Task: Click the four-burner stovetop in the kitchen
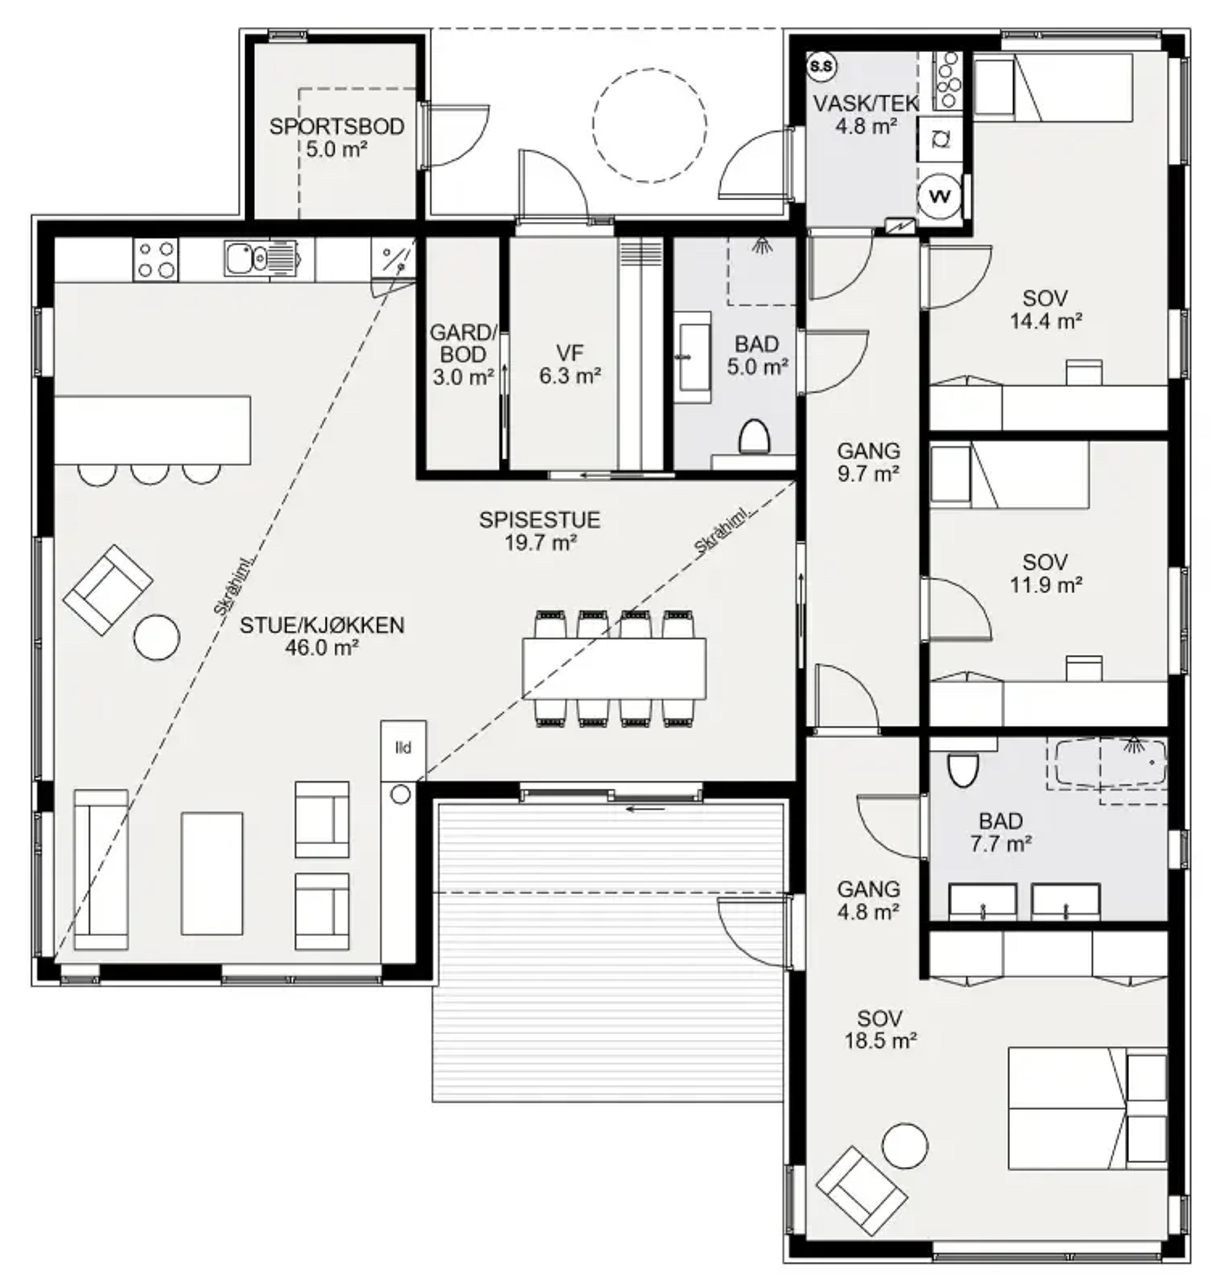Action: (x=155, y=259)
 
